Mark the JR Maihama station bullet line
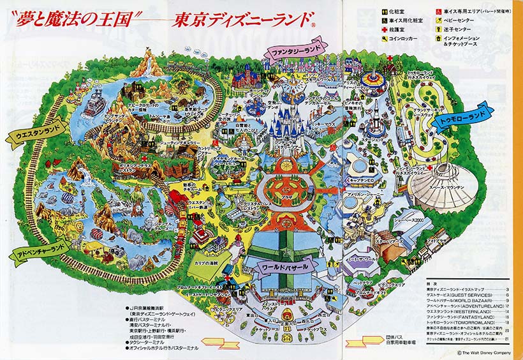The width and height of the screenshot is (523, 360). point(153,309)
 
